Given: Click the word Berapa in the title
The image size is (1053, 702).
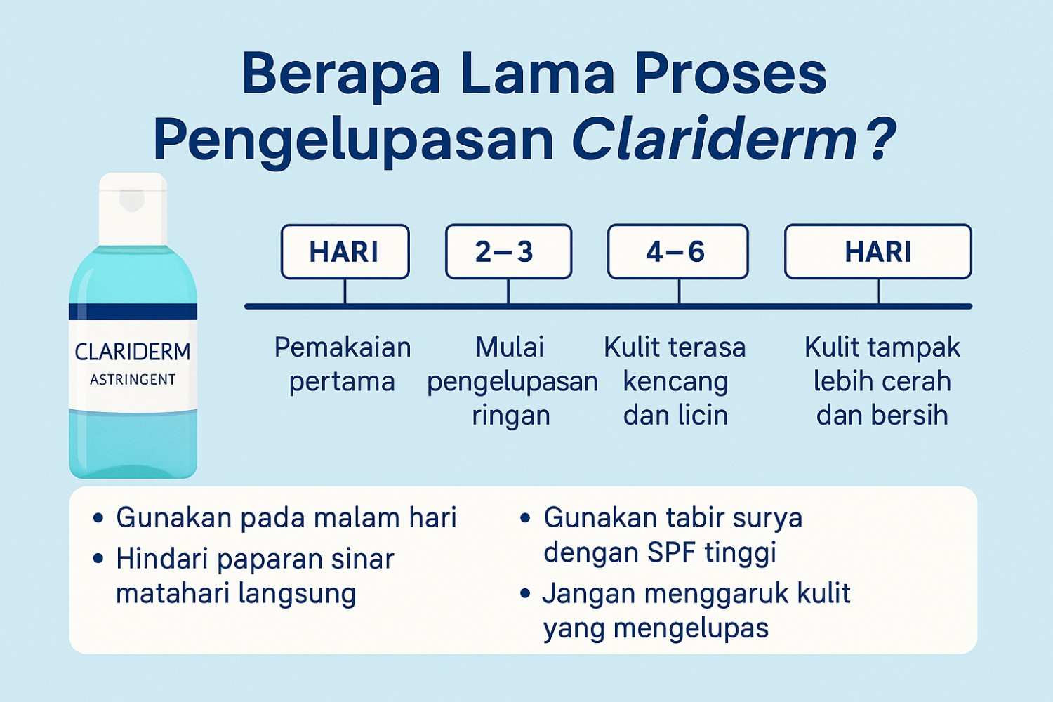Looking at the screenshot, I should click(x=340, y=74).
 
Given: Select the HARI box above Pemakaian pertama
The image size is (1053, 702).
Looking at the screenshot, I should click(x=345, y=252).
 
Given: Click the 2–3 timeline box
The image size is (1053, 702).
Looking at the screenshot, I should click(x=508, y=252).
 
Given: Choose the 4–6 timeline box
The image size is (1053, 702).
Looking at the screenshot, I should click(x=677, y=252).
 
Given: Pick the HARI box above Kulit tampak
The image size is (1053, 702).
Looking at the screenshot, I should click(x=877, y=252).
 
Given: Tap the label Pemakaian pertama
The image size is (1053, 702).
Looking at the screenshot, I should click(x=343, y=364).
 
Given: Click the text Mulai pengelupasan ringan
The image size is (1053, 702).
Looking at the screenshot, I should click(x=512, y=381).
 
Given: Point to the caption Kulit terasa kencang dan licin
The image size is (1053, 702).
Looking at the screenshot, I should click(x=675, y=381).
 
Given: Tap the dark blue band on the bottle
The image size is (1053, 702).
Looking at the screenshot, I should click(x=133, y=312).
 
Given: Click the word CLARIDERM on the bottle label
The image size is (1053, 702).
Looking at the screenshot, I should click(x=133, y=352).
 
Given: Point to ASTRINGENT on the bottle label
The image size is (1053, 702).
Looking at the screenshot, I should click(x=133, y=380).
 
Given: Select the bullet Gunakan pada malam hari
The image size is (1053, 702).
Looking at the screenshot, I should click(x=286, y=518).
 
